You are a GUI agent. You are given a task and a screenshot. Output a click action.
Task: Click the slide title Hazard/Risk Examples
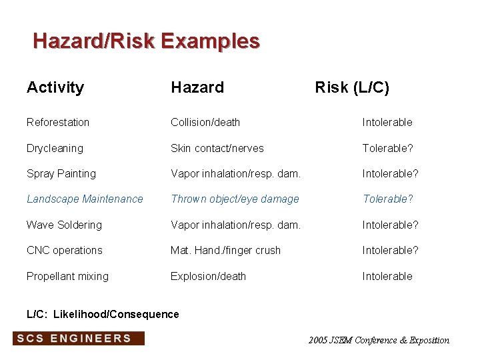[x=146, y=41]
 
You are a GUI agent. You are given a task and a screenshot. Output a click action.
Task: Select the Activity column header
[x=55, y=87]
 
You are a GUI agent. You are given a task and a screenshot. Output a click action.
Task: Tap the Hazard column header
[x=197, y=87]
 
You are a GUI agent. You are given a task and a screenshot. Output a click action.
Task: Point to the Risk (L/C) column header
[x=352, y=87]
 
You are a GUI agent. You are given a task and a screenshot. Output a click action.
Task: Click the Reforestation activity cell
[x=58, y=122]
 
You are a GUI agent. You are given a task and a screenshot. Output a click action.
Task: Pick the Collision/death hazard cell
[x=205, y=122]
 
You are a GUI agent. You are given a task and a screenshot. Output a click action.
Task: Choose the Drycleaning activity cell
[x=55, y=148]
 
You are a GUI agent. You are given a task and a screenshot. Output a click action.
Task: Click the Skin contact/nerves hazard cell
[x=217, y=148]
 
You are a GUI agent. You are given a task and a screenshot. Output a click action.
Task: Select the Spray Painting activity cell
[x=61, y=173]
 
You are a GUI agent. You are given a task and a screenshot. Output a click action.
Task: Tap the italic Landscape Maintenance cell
[x=85, y=199]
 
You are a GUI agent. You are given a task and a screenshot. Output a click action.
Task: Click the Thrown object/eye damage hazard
[x=235, y=199]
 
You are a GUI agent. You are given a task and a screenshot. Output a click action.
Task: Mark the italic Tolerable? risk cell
[x=388, y=199]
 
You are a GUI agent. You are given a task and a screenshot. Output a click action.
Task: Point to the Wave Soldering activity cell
[x=64, y=225]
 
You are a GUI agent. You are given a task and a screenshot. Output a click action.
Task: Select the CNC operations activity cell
[x=65, y=250]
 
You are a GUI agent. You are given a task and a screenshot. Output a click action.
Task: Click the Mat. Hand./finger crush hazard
[x=225, y=250]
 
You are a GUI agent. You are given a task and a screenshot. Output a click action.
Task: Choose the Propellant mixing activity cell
[x=67, y=276]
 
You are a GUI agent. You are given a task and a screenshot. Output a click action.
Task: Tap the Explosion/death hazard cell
[x=208, y=276]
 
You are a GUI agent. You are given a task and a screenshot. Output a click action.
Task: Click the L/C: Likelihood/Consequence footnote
[x=103, y=314]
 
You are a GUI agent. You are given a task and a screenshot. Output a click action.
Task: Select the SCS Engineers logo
[x=79, y=338]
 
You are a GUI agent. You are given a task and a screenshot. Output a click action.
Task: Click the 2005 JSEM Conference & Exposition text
[x=379, y=340]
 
